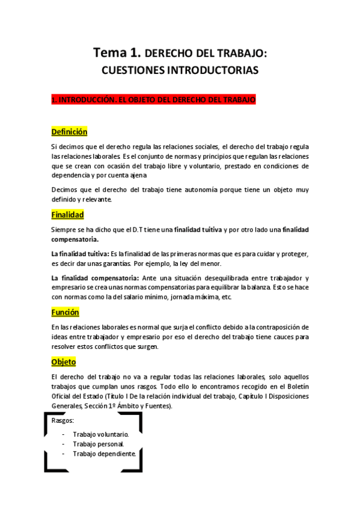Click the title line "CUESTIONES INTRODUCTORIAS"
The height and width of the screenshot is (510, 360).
tap(180, 70)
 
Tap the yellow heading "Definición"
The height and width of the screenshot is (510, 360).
tap(69, 132)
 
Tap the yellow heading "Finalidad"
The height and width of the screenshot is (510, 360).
tap(67, 215)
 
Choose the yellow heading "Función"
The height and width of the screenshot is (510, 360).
tap(65, 312)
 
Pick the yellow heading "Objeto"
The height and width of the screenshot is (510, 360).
tap(63, 362)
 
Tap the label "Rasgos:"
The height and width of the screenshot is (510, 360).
tap(63, 420)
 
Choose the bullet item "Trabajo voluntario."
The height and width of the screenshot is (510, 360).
tap(101, 434)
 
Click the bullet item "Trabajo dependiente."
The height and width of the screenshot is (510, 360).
tap(104, 453)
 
